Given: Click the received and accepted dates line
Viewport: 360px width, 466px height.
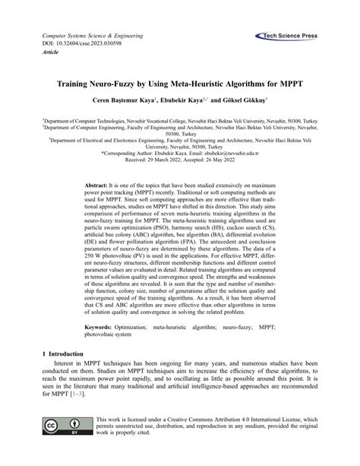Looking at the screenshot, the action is click(x=180, y=160).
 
